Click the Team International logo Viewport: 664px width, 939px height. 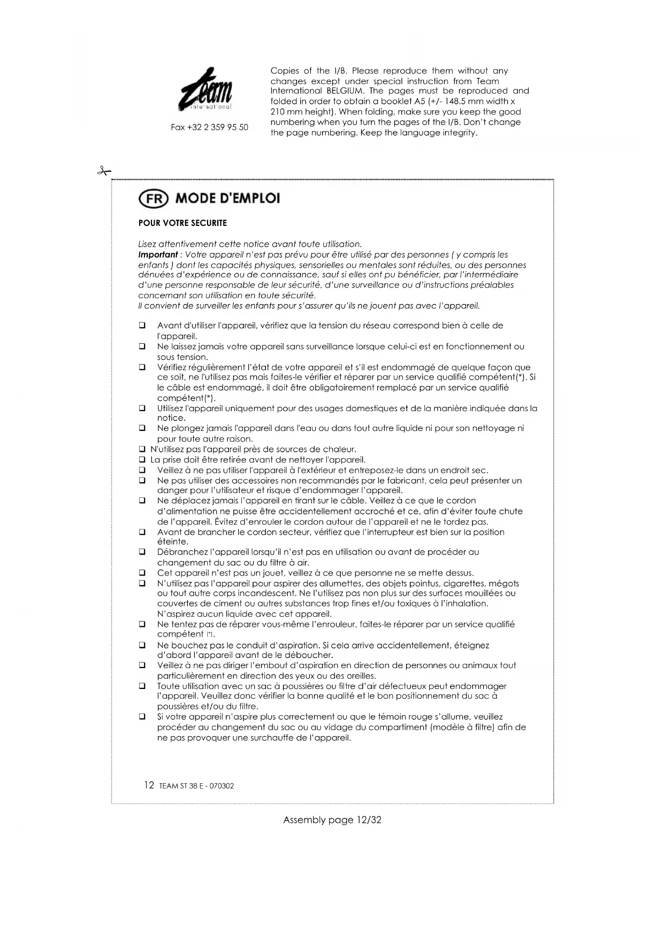tap(207, 90)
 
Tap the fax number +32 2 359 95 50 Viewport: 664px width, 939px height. tap(209, 127)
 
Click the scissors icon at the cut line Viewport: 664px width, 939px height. tap(103, 171)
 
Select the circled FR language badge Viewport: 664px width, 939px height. tap(153, 199)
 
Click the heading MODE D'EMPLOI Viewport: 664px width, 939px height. tap(227, 199)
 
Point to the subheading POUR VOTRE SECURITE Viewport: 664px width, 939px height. tap(182, 223)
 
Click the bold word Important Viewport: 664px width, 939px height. tap(158, 255)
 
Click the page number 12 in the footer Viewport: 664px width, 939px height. tap(149, 785)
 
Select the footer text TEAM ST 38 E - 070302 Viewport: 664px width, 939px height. tap(196, 786)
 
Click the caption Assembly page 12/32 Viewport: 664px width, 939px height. tap(332, 820)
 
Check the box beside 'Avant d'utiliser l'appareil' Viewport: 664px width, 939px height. tap(142, 325)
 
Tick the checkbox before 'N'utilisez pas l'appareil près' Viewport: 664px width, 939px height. tap(142, 449)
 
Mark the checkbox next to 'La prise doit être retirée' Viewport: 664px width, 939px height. tap(142, 460)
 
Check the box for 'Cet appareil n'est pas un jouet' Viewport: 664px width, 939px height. tap(142, 573)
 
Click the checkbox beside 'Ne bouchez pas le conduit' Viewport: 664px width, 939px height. tap(142, 646)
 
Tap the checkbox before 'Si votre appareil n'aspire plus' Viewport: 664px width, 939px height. tap(142, 717)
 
